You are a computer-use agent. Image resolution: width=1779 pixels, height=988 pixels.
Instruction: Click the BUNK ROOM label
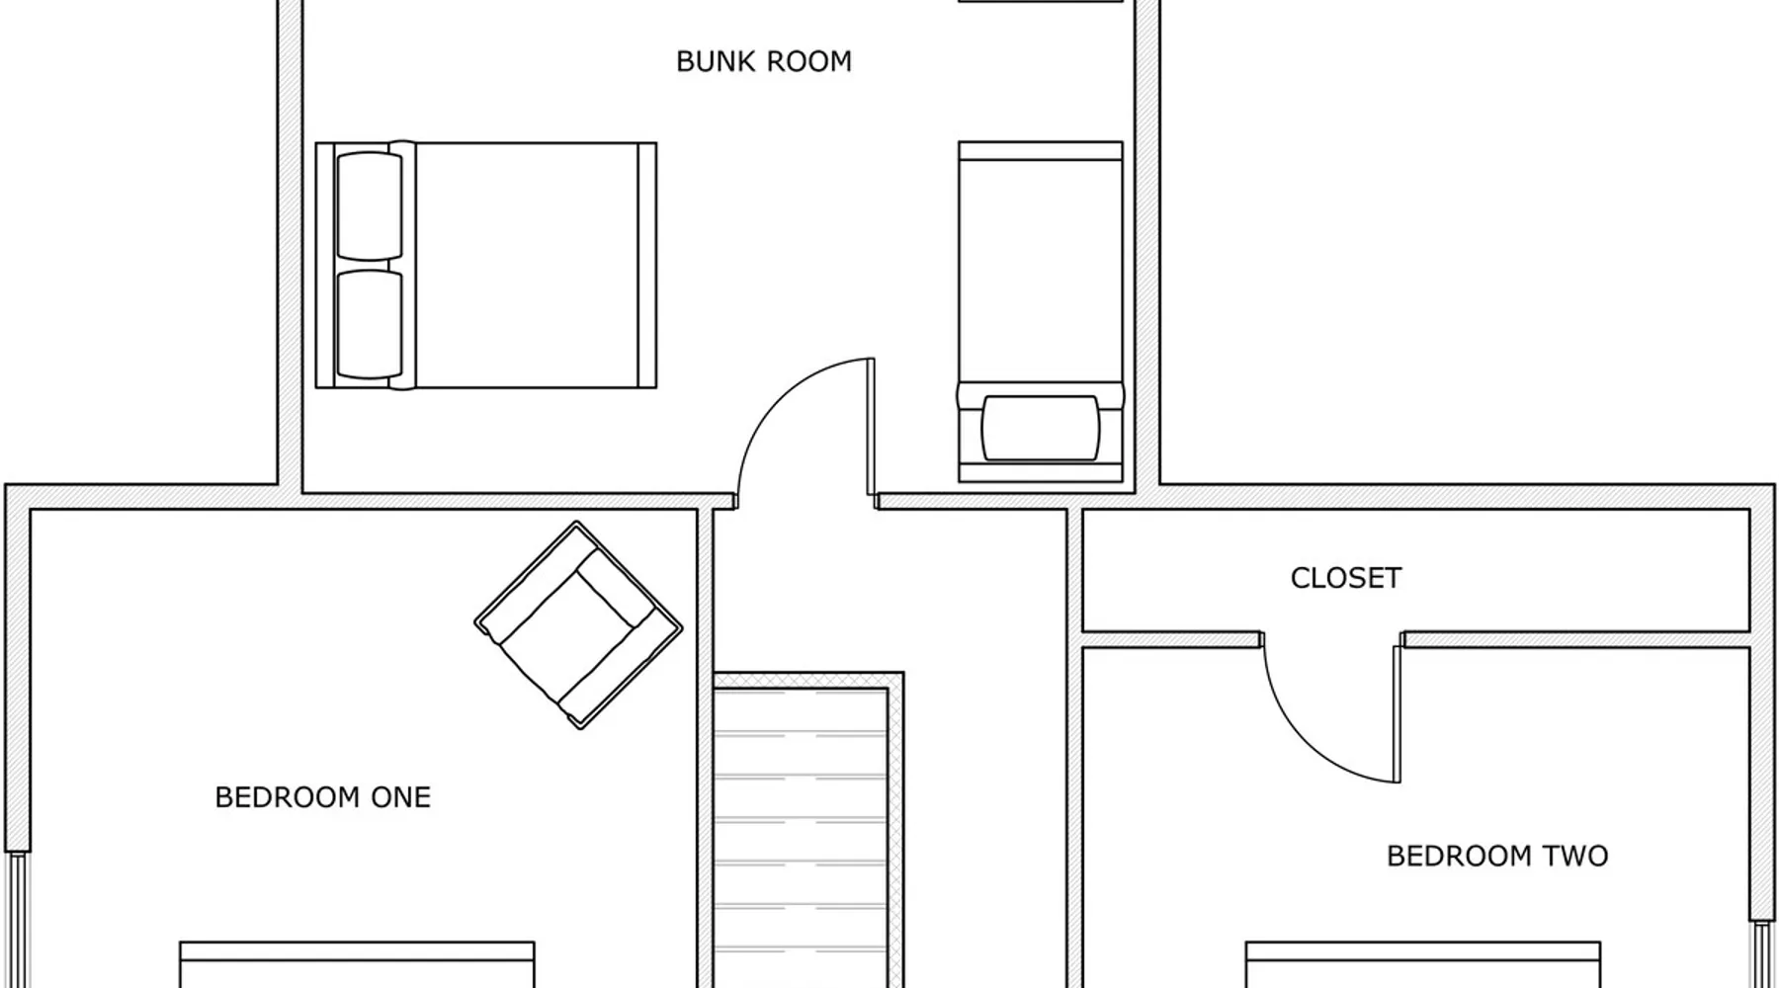[x=763, y=61]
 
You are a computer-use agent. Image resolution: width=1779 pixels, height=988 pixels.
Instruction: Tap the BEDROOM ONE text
[x=323, y=797]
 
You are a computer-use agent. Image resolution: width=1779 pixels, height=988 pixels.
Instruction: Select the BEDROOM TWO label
[x=1497, y=856]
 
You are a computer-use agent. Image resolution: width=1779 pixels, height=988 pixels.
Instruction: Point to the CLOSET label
[x=1346, y=578]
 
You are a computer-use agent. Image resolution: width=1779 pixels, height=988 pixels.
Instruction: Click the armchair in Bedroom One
[x=578, y=625]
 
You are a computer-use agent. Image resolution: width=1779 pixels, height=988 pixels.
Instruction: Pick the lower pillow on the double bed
[x=370, y=325]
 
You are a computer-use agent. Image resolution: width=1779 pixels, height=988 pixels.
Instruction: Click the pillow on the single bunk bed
[x=1040, y=429]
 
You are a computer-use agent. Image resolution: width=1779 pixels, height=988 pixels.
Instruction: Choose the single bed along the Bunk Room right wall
[x=1041, y=311]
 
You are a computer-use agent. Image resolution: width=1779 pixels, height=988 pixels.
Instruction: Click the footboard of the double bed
[x=647, y=265]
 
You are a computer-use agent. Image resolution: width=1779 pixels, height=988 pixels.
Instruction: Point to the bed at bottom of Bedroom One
[x=357, y=965]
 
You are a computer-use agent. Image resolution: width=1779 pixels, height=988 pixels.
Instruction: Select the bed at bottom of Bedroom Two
[x=1422, y=965]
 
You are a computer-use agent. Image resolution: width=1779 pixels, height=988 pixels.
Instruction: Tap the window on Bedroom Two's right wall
[x=1762, y=954]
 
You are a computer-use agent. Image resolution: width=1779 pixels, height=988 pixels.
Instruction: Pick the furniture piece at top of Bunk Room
[x=1041, y=1]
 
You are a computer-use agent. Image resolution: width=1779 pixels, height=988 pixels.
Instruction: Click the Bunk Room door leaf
[x=871, y=426]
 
